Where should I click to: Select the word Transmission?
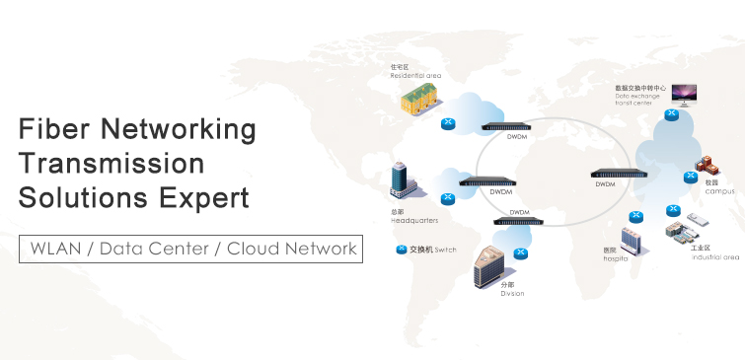pos(112,163)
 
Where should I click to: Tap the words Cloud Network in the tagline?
pos(292,249)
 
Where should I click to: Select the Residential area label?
pos(415,75)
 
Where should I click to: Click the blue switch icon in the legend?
pos(401,250)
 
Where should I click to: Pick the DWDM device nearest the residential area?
pos(506,127)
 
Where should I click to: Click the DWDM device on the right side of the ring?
pos(617,175)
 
